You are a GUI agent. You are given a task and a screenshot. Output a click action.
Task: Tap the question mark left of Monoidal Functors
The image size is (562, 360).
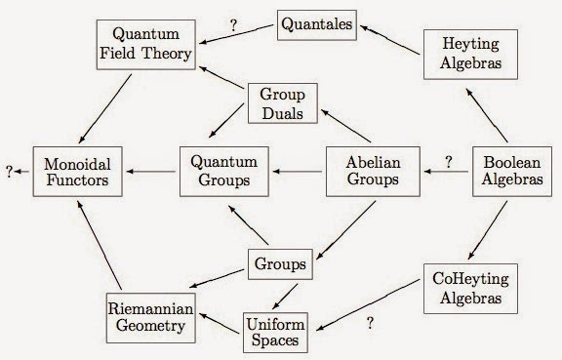pos(9,172)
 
